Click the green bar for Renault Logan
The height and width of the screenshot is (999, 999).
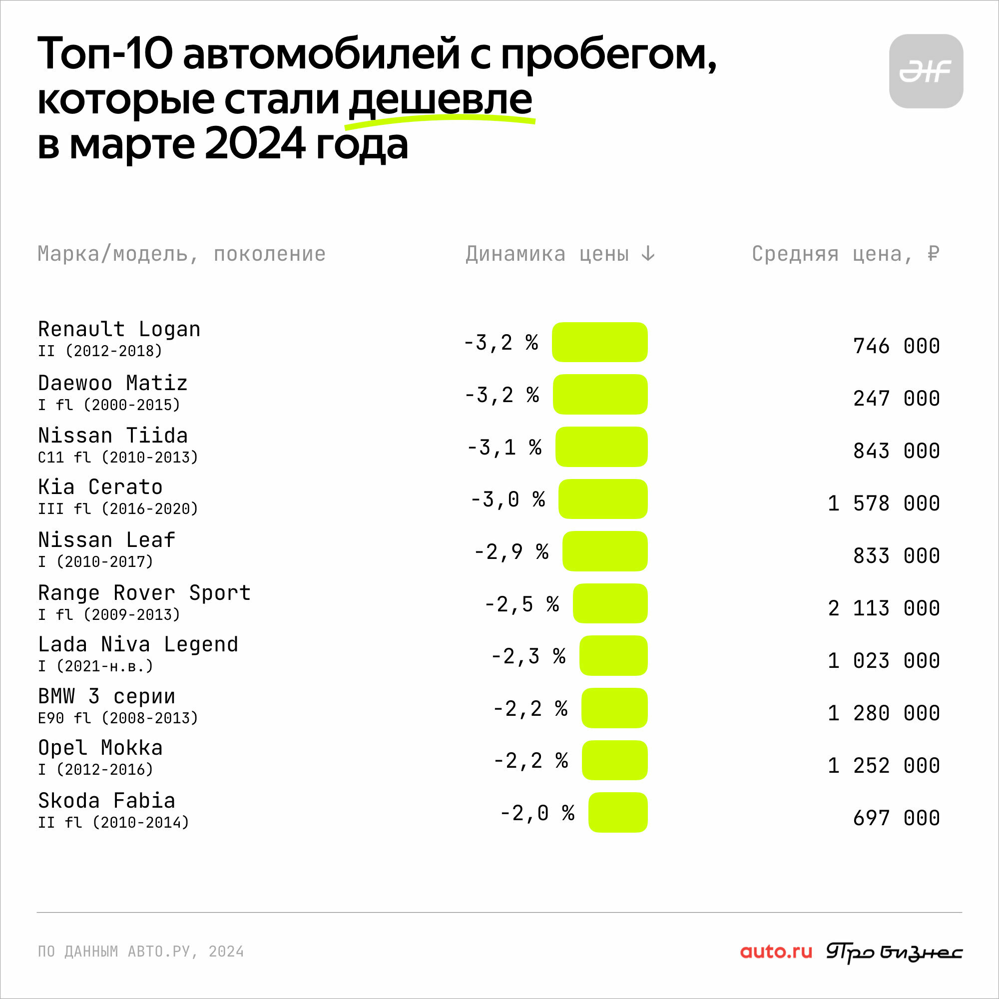point(600,342)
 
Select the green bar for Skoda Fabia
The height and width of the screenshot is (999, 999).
point(618,812)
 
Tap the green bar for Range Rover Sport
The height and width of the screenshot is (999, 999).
point(610,603)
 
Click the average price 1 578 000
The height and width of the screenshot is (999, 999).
point(884,503)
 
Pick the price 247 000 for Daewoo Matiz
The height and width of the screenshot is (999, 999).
point(896,398)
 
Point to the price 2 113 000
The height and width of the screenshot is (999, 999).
point(884,608)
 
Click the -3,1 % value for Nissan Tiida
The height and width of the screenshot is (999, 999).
point(504,447)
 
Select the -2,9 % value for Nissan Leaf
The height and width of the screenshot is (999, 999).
point(511,552)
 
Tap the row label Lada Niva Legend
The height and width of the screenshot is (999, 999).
point(138,645)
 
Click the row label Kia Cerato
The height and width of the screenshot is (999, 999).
point(100,487)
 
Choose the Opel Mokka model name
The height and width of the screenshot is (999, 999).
point(100,748)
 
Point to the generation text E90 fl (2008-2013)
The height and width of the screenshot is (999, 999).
point(118,718)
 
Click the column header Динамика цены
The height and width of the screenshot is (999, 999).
point(547,254)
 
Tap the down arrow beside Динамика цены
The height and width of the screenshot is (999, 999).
point(648,253)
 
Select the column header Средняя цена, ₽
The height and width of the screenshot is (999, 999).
point(846,254)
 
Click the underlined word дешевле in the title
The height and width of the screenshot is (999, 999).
point(440,99)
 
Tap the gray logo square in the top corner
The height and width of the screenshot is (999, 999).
point(926,71)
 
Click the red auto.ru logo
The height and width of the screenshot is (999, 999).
point(776,952)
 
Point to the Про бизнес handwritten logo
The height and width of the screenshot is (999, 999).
point(894,953)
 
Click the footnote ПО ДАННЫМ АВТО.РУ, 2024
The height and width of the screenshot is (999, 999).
point(141,952)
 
